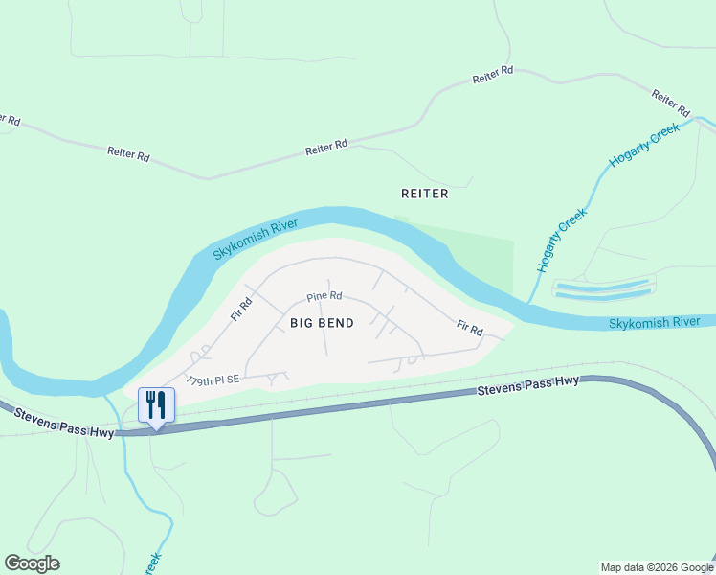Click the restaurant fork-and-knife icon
tap(157, 404)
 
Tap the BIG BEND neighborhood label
tap(322, 323)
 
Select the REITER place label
tap(424, 193)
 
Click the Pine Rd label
tap(324, 297)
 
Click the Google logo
tap(32, 563)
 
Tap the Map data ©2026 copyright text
tap(656, 567)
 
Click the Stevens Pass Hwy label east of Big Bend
tap(528, 385)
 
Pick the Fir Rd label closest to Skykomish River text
tap(469, 328)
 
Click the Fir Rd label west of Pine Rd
tap(240, 308)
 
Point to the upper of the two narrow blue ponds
tap(604, 286)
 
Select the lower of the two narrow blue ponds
tap(604, 296)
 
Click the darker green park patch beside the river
tap(479, 259)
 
